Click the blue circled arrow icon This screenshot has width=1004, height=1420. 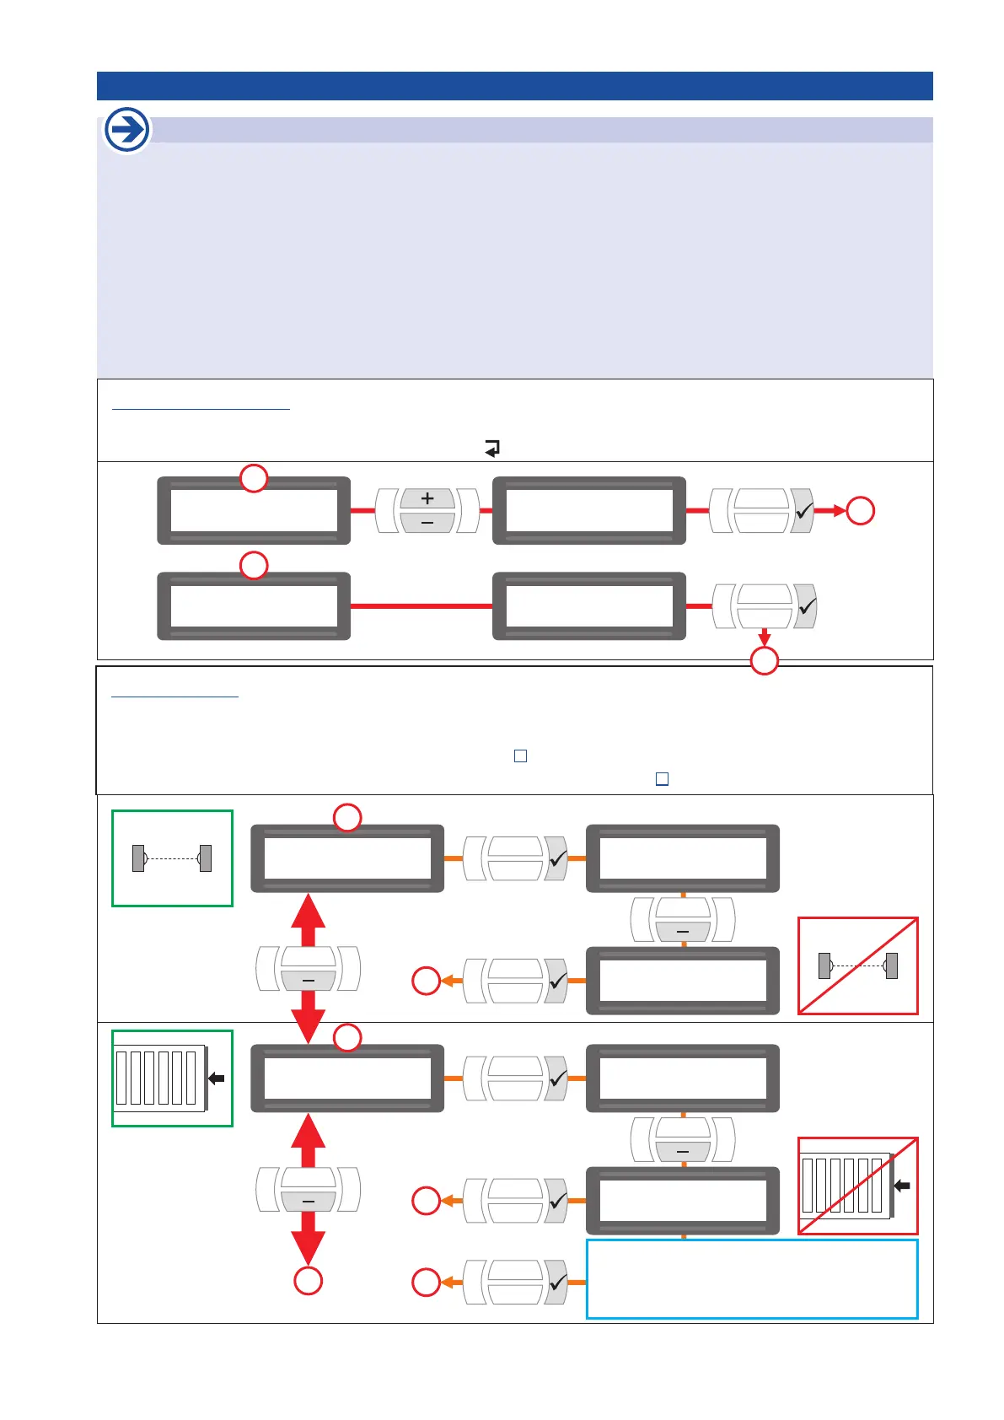(127, 130)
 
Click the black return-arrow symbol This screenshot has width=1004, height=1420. (492, 449)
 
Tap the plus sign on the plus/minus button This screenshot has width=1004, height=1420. (427, 498)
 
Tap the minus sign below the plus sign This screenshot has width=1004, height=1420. (427, 524)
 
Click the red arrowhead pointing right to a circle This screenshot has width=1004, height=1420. (838, 511)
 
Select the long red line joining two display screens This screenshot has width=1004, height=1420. (421, 606)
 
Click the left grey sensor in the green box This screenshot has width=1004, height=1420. (138, 858)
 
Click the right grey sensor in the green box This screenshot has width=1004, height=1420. (205, 858)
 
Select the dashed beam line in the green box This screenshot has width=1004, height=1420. (172, 858)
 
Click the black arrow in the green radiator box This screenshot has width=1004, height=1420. (217, 1078)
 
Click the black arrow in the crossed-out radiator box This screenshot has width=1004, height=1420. (902, 1186)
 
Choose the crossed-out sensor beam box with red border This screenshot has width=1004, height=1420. (858, 966)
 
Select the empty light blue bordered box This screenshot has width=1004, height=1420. (752, 1279)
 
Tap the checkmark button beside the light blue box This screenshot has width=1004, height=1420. (556, 1283)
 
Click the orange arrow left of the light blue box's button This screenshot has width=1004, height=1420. (449, 1283)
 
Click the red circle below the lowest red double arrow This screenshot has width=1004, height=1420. (309, 1281)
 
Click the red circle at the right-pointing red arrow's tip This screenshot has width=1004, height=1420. (861, 511)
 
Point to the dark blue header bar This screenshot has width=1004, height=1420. (514, 86)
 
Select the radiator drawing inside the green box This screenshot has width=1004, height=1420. (159, 1078)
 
